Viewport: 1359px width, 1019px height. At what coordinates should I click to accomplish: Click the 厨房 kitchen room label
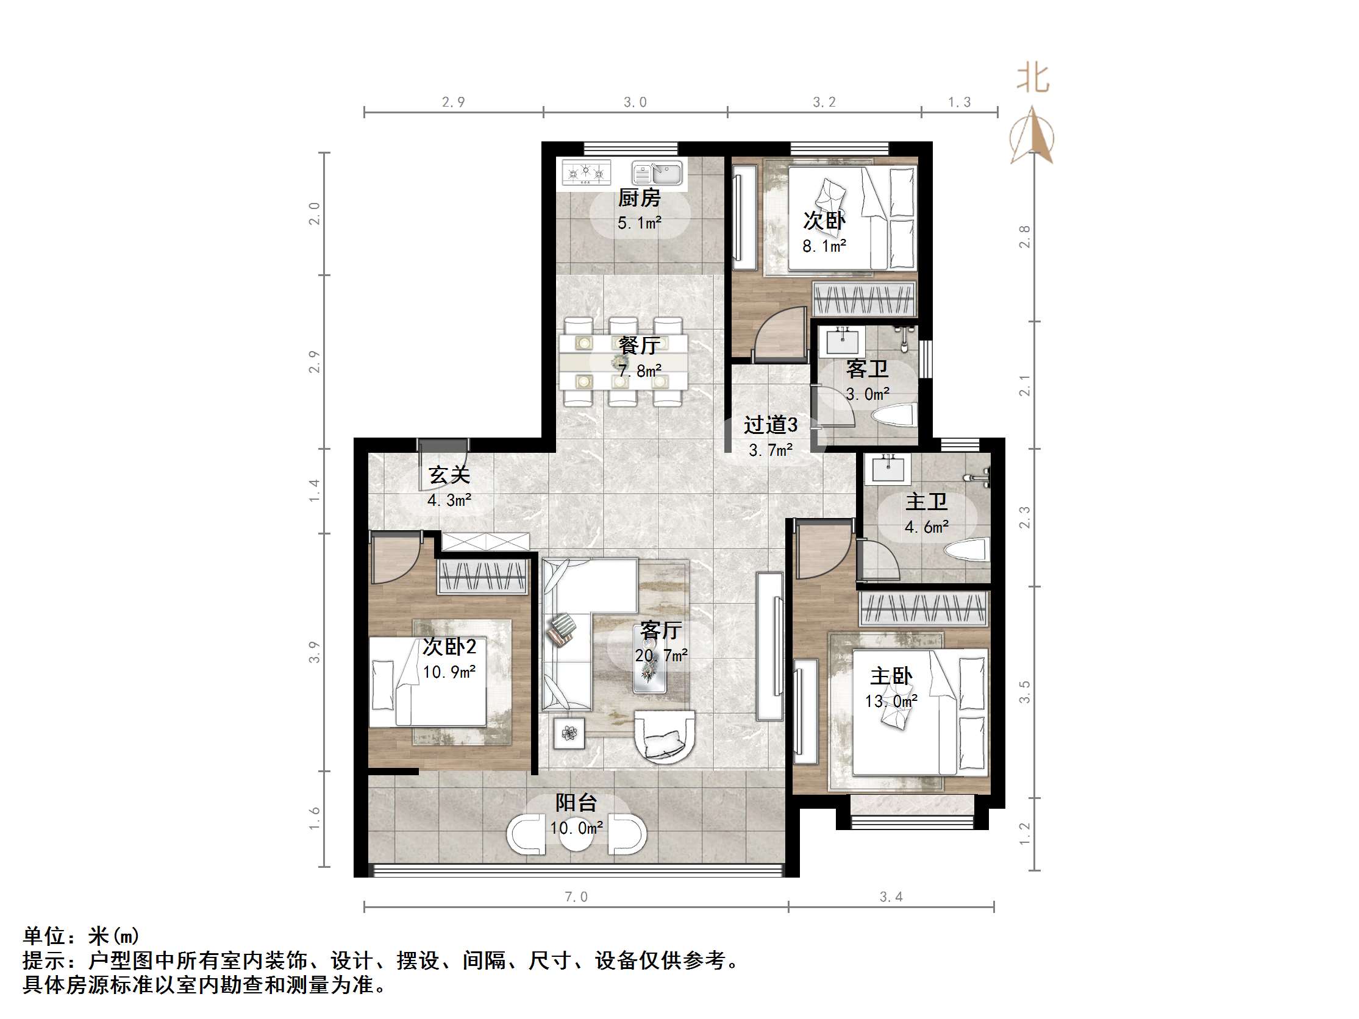pyautogui.click(x=639, y=198)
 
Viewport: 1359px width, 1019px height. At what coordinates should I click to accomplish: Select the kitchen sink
pyautogui.click(x=657, y=172)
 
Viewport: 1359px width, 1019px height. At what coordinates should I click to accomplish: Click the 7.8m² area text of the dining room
pyautogui.click(x=640, y=371)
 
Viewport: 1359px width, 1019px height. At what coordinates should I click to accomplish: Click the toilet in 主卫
pyautogui.click(x=967, y=550)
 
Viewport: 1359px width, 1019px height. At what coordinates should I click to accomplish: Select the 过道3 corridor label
pyautogui.click(x=771, y=424)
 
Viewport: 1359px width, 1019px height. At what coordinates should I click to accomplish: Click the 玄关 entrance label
pyautogui.click(x=449, y=475)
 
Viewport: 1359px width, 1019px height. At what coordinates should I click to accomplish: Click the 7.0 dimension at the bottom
pyautogui.click(x=576, y=897)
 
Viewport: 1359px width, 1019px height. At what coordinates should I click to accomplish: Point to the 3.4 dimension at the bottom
pyautogui.click(x=891, y=897)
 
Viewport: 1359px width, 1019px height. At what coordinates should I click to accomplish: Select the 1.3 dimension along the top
pyautogui.click(x=959, y=102)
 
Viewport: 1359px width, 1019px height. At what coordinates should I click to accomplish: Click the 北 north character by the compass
pyautogui.click(x=1033, y=79)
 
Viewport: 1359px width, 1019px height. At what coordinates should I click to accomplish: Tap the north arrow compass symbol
pyautogui.click(x=1032, y=138)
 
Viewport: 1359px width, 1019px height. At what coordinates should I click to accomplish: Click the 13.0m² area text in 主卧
pyautogui.click(x=891, y=701)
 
